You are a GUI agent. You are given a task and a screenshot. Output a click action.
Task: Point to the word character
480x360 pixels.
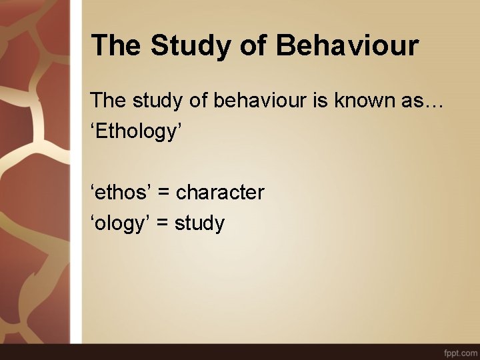tap(220, 193)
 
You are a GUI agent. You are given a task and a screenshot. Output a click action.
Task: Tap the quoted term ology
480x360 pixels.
tap(119, 223)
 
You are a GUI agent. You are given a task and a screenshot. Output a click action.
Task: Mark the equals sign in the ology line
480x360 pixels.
tap(162, 223)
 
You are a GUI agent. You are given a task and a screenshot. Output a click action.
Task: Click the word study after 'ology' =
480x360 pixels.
tap(200, 223)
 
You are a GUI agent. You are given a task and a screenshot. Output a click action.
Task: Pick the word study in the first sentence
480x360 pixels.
tap(157, 101)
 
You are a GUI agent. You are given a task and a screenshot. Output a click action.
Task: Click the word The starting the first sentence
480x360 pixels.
tap(108, 101)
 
